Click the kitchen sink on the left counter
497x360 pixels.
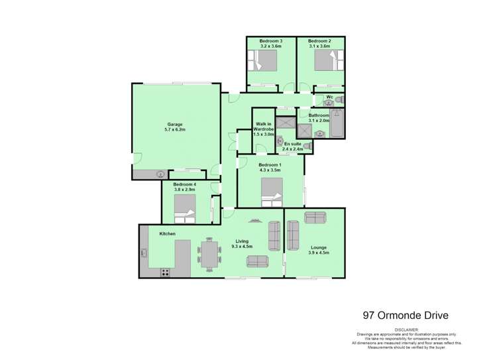(144, 252)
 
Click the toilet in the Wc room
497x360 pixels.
(338, 100)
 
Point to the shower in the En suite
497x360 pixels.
(286, 124)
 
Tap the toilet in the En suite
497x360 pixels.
(280, 141)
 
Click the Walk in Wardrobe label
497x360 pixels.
(263, 129)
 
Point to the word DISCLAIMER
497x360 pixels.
(408, 329)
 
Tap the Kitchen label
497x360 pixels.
(167, 234)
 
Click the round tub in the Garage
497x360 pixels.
(160, 174)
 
